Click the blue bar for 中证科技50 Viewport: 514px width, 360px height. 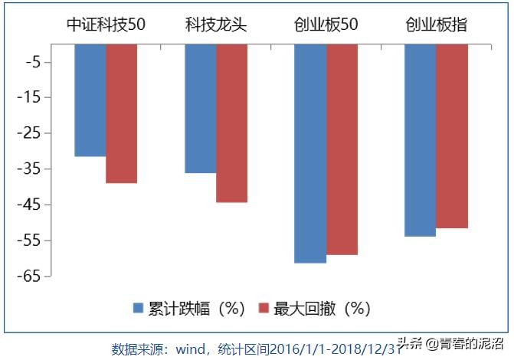click(x=90, y=100)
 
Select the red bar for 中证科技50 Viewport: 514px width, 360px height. click(x=121, y=113)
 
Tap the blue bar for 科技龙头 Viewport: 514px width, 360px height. click(x=200, y=109)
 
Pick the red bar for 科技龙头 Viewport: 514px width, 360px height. click(x=231, y=123)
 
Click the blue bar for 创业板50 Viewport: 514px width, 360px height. click(x=310, y=153)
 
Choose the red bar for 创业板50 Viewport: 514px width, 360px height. click(x=342, y=149)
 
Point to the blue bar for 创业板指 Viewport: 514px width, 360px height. click(x=420, y=140)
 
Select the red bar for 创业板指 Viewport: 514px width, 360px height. click(x=452, y=136)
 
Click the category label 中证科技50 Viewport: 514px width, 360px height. click(x=105, y=25)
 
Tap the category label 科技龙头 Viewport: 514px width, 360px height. click(x=216, y=25)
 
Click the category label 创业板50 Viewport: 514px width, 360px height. click(x=326, y=25)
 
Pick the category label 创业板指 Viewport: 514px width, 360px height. click(x=437, y=25)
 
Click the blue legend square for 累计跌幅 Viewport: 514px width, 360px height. click(x=139, y=308)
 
